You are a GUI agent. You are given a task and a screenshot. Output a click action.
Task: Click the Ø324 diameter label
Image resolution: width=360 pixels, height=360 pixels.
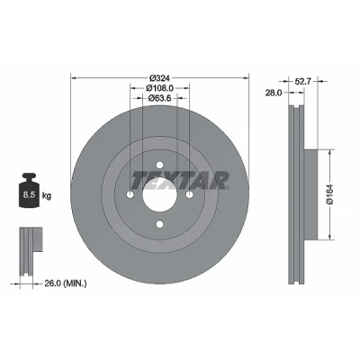tap(159, 78)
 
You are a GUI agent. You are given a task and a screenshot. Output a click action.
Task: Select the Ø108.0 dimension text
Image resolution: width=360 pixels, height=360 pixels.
tap(159, 88)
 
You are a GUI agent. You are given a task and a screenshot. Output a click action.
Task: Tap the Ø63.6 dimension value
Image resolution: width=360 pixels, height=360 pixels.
tap(159, 98)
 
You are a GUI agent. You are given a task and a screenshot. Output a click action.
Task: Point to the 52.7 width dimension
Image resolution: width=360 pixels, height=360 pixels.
tap(302, 81)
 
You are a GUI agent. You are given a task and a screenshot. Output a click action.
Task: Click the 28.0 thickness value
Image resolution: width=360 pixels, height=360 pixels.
tap(274, 93)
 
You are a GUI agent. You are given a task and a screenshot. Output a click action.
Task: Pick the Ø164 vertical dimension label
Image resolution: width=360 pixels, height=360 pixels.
tap(330, 194)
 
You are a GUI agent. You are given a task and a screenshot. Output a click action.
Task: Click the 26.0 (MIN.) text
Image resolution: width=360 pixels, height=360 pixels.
tap(66, 283)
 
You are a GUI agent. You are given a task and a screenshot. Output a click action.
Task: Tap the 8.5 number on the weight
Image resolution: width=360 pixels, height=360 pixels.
tap(30, 195)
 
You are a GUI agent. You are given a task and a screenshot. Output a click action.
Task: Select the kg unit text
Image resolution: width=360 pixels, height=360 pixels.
tap(47, 196)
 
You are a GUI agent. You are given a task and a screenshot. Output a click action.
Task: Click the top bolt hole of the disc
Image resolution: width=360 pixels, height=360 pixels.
tap(159, 165)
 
